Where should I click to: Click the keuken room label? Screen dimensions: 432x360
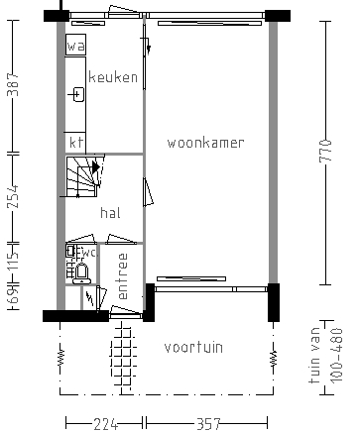(x=113, y=77)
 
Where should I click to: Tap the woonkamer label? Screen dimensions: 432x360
(x=205, y=143)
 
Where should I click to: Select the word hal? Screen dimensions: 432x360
(x=110, y=213)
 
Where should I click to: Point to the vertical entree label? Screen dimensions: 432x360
(x=123, y=277)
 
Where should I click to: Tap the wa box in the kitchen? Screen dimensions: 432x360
(x=75, y=47)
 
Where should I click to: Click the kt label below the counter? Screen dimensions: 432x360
(x=75, y=142)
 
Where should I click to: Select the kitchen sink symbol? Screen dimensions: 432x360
(x=77, y=95)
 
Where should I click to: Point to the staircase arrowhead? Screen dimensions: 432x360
(x=96, y=168)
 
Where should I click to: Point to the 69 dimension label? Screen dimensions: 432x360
(x=12, y=297)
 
